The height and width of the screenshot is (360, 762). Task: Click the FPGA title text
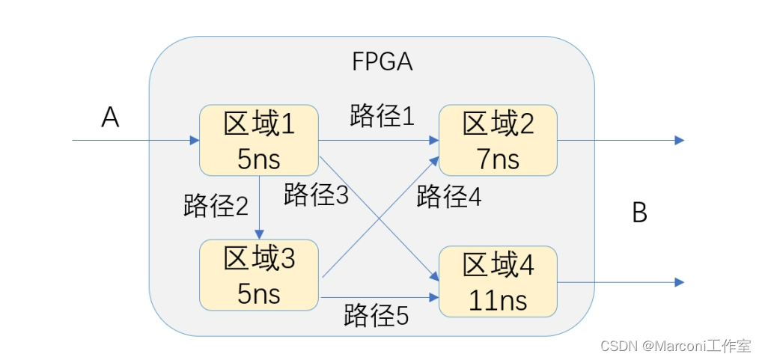382,61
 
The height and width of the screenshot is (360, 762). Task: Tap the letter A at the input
110,118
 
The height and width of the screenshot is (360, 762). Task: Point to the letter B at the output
639,213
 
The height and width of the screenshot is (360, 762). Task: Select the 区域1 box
259,140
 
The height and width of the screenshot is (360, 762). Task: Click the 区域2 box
498,140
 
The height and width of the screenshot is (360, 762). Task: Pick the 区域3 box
259,275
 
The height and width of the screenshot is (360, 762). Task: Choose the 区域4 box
498,281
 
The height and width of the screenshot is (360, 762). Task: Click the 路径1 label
382,116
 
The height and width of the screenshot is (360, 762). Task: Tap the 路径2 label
216,205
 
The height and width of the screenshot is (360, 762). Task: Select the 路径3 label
317,195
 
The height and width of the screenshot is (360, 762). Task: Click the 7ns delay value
498,158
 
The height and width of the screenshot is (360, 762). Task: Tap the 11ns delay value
498,300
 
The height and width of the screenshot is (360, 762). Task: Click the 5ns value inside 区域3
259,293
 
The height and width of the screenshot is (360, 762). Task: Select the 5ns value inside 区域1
259,158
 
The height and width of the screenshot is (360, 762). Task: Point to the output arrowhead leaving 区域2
679,140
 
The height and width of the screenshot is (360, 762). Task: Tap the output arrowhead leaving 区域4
679,282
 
